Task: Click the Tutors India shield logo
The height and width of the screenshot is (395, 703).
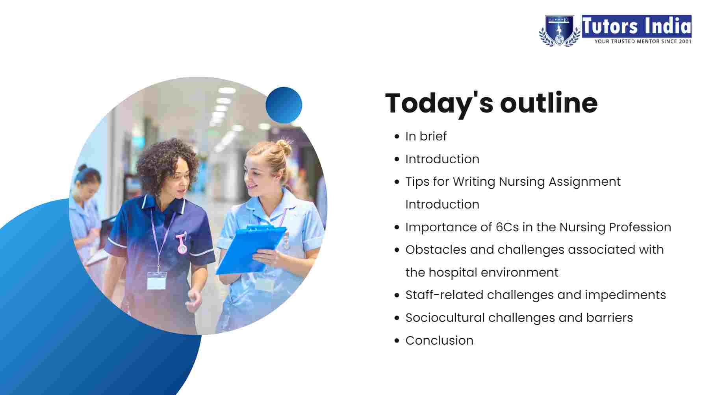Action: [x=559, y=30]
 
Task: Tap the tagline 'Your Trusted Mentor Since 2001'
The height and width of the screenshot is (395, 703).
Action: [x=643, y=41]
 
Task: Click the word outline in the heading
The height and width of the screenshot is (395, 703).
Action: [x=549, y=103]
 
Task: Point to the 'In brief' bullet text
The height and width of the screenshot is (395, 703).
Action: [x=426, y=136]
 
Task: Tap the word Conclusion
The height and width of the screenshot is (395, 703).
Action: [x=440, y=340]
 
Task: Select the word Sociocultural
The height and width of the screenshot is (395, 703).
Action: [x=445, y=317]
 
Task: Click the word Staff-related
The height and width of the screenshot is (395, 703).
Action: [x=445, y=295]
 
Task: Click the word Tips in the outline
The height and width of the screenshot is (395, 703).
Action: [x=417, y=182]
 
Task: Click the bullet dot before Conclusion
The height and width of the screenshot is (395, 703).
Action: [x=397, y=341]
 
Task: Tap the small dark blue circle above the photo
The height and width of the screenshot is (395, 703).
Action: [x=284, y=105]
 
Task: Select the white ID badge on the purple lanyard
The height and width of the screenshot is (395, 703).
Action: [x=156, y=281]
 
